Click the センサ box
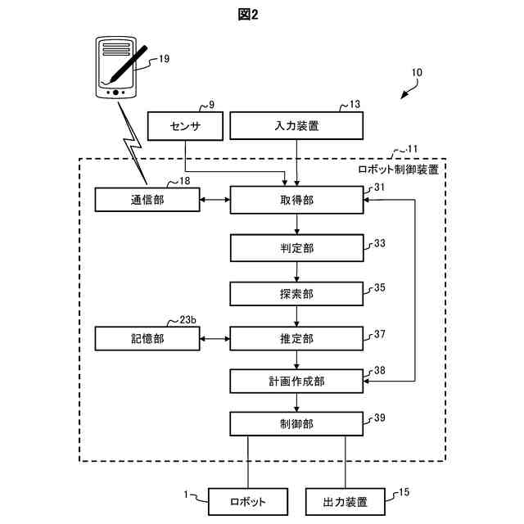tap(185, 126)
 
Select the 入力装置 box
tap(296, 125)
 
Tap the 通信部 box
tap(147, 200)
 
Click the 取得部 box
tap(296, 200)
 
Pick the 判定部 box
tap(296, 248)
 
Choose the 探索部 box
tap(296, 294)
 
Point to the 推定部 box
tap(296, 339)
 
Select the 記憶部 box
tap(147, 339)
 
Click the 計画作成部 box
tap(296, 382)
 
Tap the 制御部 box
tap(296, 424)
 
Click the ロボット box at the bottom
tap(248, 502)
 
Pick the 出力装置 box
tap(346, 502)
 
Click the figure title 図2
tap(248, 15)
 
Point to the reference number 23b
tap(187, 320)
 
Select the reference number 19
tap(164, 59)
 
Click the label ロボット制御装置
tap(399, 169)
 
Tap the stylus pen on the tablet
tap(129, 64)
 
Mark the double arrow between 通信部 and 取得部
tap(215, 200)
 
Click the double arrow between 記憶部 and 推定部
tap(215, 339)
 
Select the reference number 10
tap(417, 73)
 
